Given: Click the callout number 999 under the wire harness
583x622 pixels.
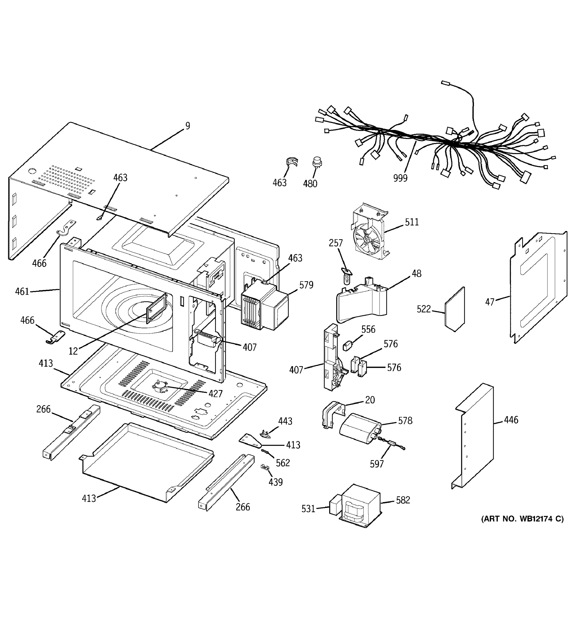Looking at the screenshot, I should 400,178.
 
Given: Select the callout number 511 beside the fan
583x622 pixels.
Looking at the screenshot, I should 412,222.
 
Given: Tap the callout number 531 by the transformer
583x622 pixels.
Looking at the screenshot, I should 308,509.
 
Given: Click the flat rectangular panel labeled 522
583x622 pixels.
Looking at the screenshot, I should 455,310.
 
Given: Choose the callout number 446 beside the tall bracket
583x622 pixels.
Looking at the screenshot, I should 511,420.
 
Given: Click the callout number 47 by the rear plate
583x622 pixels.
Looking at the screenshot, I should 490,302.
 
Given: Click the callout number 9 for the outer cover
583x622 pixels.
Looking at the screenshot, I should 187,126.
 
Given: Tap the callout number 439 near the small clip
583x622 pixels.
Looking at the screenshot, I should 275,482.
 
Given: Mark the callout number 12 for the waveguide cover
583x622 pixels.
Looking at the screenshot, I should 73,351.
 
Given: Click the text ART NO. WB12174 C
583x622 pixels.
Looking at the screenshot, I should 522,519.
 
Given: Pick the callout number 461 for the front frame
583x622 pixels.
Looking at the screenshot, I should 22,292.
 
